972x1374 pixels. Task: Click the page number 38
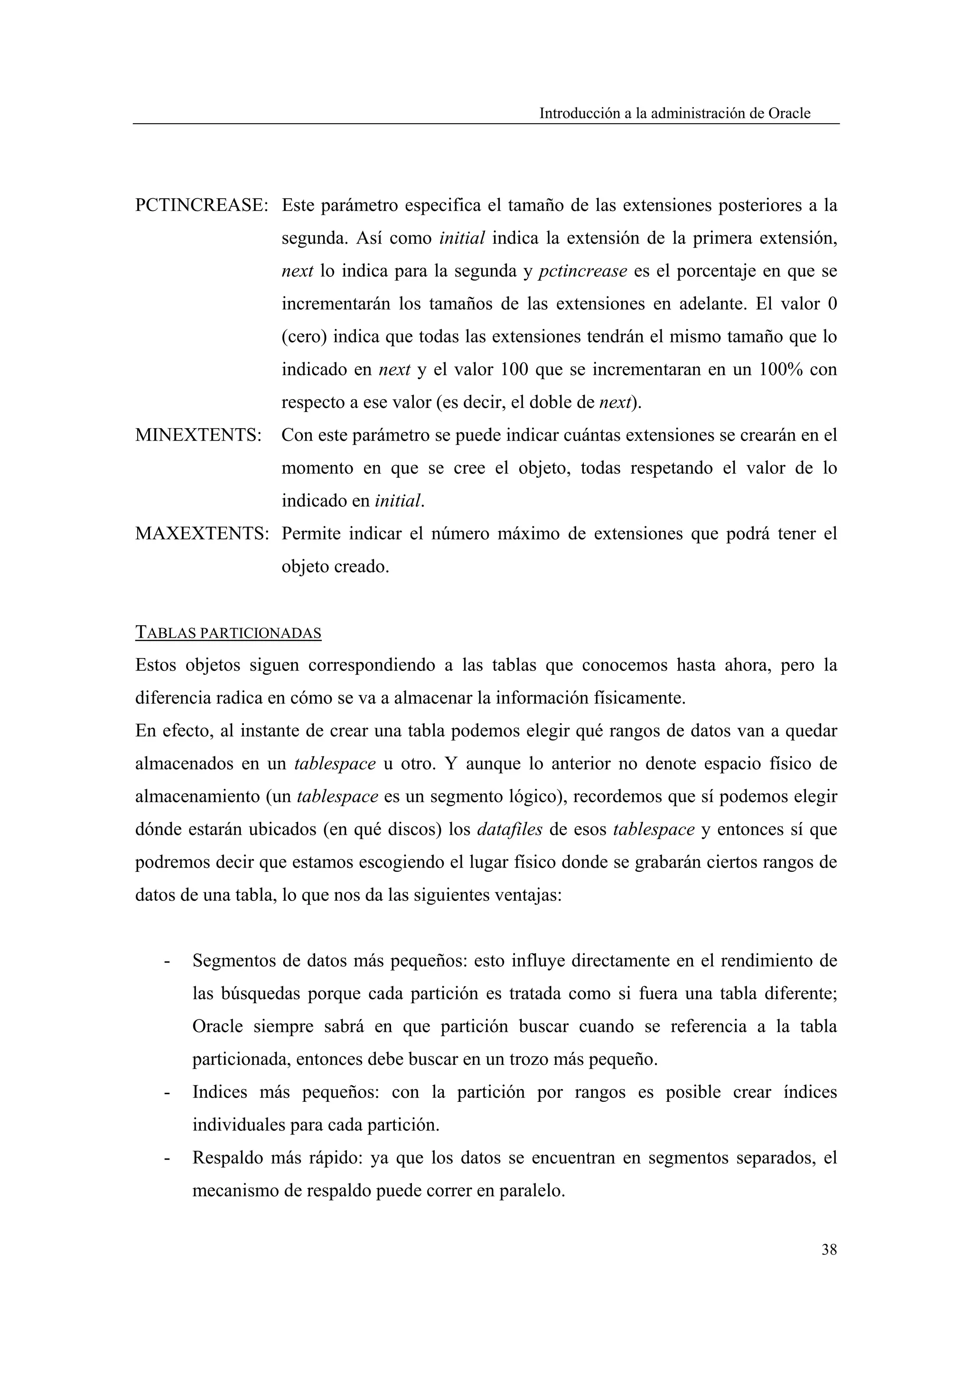click(828, 1249)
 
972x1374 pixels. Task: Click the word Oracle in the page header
click(789, 113)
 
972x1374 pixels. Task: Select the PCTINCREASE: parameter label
click(202, 205)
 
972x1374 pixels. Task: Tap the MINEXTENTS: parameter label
click(198, 435)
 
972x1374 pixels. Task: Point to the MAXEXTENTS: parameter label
click(202, 533)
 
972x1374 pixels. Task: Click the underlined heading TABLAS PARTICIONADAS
click(228, 632)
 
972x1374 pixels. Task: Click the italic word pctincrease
click(582, 271)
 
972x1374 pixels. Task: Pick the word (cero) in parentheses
click(304, 337)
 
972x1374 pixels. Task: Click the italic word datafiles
click(510, 829)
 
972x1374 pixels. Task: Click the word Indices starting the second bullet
click(220, 1092)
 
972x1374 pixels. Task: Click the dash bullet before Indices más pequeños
click(167, 1093)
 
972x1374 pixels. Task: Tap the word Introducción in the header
click(579, 113)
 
